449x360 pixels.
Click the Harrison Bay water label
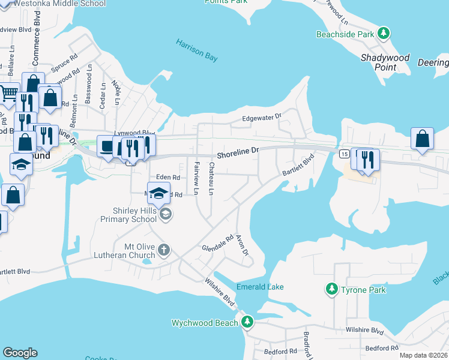[x=197, y=51]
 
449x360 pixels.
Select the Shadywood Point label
[x=385, y=62]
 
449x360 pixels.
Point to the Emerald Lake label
[x=260, y=287]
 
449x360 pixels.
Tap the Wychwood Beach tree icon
[x=247, y=323]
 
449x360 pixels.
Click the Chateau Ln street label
[x=211, y=179]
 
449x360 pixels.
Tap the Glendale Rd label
[x=217, y=244]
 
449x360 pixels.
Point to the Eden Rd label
[x=168, y=178]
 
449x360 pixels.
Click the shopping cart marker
[x=8, y=93]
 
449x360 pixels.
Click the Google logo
[x=20, y=353]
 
